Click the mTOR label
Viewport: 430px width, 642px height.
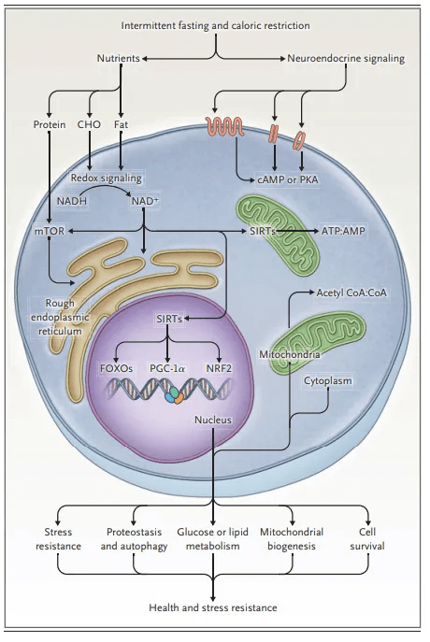coord(50,231)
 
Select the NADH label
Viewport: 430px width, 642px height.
coord(72,201)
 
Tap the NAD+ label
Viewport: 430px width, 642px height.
coord(145,201)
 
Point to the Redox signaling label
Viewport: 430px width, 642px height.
coord(106,178)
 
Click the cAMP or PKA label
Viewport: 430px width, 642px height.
coord(288,179)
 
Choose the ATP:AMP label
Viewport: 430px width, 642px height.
coord(343,231)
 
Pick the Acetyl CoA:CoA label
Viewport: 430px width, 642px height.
coord(351,292)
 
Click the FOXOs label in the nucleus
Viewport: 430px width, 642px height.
coord(116,368)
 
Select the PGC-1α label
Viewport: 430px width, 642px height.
coord(167,368)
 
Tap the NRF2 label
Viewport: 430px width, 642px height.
coord(219,368)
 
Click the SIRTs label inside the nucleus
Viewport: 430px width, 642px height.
coord(169,319)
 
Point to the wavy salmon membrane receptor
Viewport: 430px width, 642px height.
coord(224,126)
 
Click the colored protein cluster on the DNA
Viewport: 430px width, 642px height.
coord(174,395)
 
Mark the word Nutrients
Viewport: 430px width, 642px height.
coord(119,59)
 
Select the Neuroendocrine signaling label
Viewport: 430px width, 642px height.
coord(346,59)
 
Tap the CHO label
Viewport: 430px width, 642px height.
coord(89,124)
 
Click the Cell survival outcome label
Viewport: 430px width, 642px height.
coord(367,539)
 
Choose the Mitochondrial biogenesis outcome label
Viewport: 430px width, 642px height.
coord(292,539)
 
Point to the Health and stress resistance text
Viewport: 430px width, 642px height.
coord(213,607)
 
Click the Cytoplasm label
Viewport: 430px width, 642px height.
coord(327,380)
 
